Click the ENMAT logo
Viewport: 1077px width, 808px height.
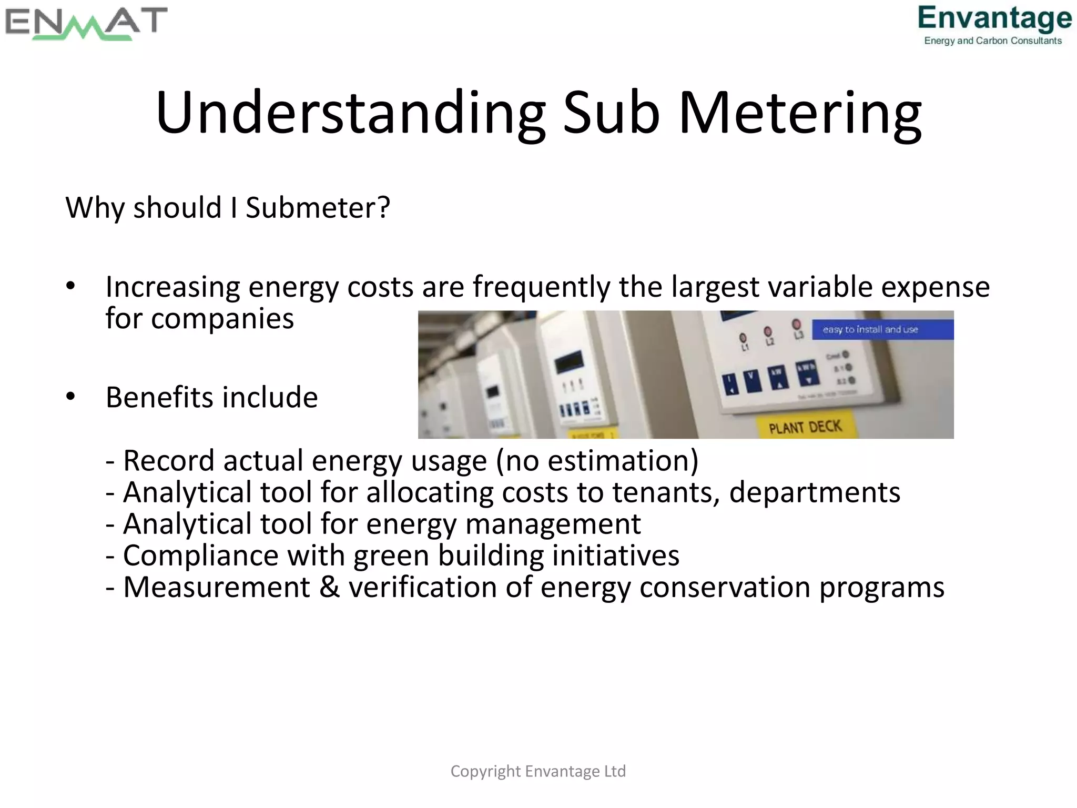pyautogui.click(x=86, y=24)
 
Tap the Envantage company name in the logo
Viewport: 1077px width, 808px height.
pyautogui.click(x=994, y=18)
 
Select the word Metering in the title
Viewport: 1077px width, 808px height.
pyautogui.click(x=800, y=113)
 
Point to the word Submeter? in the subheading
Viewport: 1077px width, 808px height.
pyautogui.click(x=318, y=207)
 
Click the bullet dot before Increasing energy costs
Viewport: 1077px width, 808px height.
pyautogui.click(x=71, y=287)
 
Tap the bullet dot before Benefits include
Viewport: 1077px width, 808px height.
pyautogui.click(x=71, y=397)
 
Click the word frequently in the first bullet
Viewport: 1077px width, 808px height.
pyautogui.click(x=542, y=287)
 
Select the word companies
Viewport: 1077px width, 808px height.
pyautogui.click(x=222, y=319)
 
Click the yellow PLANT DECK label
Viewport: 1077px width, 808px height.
pyautogui.click(x=805, y=427)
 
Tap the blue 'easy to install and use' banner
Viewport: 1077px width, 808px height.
pyautogui.click(x=882, y=330)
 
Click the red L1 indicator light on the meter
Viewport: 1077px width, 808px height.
pyautogui.click(x=743, y=337)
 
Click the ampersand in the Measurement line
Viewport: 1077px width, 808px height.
pyautogui.click(x=330, y=587)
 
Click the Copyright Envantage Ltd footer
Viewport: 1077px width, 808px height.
pyautogui.click(x=538, y=771)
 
